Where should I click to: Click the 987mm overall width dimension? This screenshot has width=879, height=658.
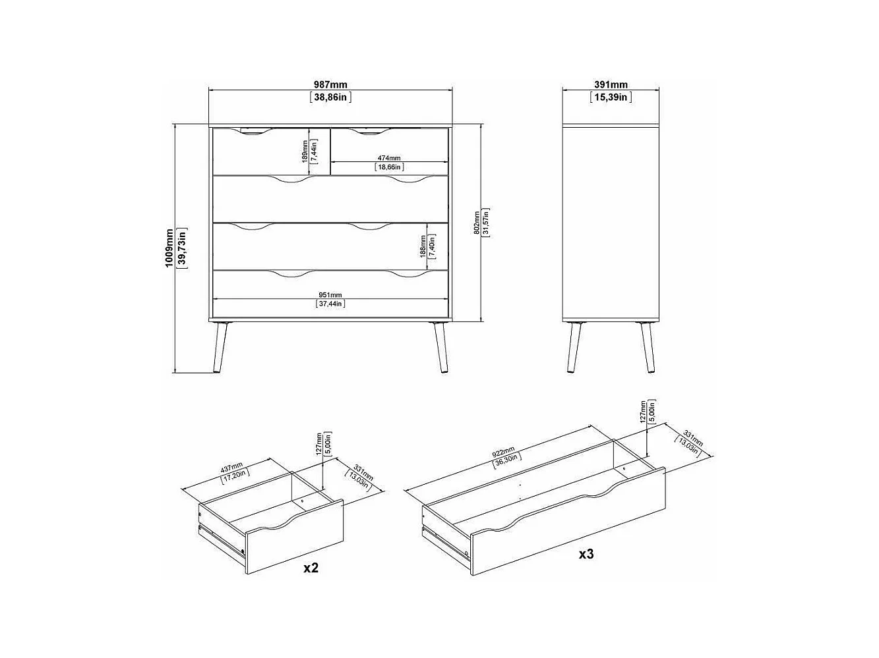330,84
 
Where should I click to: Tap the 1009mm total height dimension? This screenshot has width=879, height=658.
169,247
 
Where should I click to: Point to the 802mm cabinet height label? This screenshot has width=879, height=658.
477,223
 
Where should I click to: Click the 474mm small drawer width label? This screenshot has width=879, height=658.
389,158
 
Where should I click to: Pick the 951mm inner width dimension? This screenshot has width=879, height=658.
330,295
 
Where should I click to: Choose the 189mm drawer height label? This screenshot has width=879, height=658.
305,150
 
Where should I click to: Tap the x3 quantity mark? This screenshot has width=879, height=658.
586,554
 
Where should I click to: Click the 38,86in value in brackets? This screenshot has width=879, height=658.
330,97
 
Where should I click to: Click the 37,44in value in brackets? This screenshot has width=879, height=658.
330,304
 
